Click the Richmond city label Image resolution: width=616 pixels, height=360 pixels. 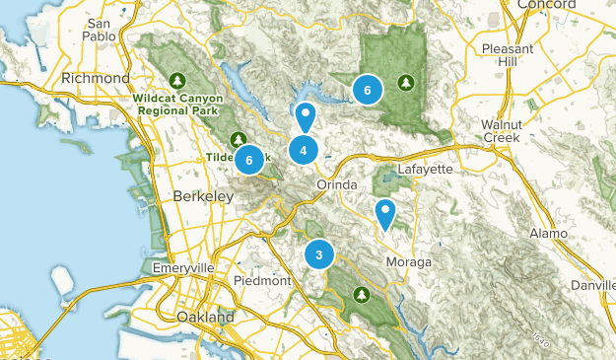click(x=96, y=78)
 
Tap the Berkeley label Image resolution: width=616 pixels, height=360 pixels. click(x=202, y=197)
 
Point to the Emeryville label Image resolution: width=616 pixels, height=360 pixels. click(x=183, y=268)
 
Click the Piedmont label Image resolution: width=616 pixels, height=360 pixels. click(x=263, y=280)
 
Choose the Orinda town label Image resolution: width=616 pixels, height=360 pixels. click(x=335, y=184)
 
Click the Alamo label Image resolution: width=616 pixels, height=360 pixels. click(x=548, y=233)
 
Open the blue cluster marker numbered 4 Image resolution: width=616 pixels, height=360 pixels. click(x=304, y=150)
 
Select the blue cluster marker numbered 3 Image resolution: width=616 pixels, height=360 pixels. click(x=319, y=254)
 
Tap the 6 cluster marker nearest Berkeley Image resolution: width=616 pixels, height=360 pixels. click(x=249, y=159)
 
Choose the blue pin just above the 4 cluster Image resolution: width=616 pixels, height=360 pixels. click(x=306, y=117)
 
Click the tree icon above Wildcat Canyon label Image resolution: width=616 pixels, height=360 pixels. click(x=177, y=80)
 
